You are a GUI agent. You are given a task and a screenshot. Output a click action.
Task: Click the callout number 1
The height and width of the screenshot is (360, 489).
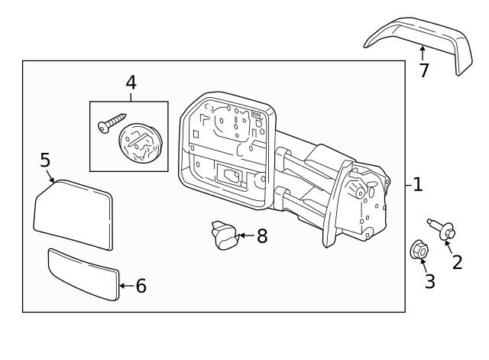point(417,184)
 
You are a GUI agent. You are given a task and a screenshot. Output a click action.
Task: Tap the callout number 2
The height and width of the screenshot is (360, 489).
point(457,262)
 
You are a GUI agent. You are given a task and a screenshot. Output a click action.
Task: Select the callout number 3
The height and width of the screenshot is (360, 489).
point(429,281)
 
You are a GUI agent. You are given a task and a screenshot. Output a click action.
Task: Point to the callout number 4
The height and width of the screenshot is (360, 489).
point(131,83)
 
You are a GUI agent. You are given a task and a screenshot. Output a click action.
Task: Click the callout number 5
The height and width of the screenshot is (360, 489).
point(45,160)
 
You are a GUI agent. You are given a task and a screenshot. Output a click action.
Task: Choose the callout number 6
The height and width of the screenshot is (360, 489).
point(141,286)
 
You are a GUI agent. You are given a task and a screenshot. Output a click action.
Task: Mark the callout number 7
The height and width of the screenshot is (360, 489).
point(424,70)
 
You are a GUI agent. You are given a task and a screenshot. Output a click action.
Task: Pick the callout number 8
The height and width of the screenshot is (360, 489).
point(261,236)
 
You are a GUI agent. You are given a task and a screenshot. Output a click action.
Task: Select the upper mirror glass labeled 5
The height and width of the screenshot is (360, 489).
point(74,214)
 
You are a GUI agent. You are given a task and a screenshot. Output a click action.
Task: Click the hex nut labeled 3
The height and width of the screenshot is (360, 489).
point(418,249)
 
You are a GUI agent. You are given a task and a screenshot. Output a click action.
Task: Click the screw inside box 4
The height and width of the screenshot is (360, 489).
point(112,122)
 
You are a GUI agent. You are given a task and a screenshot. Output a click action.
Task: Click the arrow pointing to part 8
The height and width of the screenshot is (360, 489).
point(246,236)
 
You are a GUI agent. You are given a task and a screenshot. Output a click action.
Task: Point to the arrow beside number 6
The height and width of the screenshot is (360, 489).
point(126,286)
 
